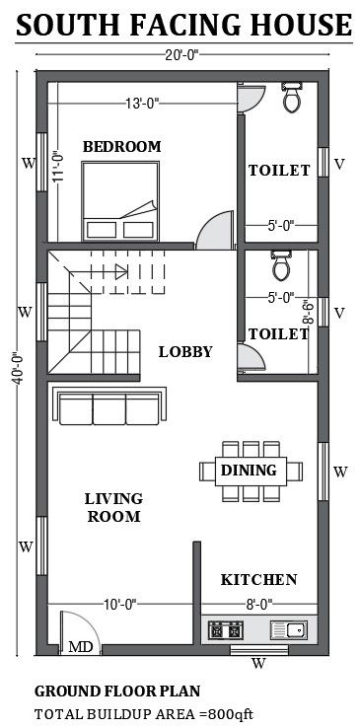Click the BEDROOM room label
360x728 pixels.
click(121, 147)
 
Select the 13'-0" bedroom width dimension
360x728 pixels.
click(142, 101)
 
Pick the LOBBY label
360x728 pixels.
click(185, 351)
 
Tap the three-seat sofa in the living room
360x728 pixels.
click(111, 406)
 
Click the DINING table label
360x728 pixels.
click(248, 471)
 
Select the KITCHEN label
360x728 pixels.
click(258, 579)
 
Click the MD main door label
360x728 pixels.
click(80, 648)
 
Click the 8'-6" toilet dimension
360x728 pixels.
click(309, 312)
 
